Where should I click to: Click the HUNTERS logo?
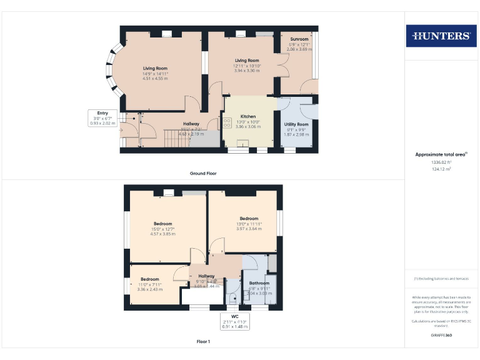(441, 36)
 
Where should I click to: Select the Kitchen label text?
(248, 116)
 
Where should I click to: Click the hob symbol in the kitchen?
(227, 124)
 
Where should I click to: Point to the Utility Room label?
(296, 124)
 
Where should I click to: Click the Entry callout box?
(102, 118)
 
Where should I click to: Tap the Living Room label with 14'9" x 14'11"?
(155, 69)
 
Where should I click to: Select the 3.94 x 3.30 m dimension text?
(247, 71)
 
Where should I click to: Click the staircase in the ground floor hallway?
(176, 137)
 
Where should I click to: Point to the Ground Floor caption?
(203, 173)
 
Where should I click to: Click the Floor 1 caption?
(203, 342)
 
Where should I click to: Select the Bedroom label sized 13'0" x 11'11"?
(249, 219)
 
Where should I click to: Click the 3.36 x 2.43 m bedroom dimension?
(150, 289)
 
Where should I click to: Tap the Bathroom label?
(259, 283)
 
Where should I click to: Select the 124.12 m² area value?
(441, 169)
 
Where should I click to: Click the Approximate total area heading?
(441, 154)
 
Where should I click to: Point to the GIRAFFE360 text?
(441, 336)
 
